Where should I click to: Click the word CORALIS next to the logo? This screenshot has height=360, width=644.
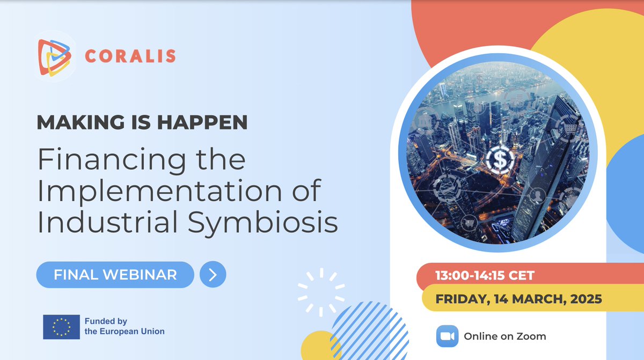coord(129,56)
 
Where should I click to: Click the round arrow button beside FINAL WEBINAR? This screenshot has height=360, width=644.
coord(213,275)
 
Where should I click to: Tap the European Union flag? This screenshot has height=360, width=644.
coord(61,327)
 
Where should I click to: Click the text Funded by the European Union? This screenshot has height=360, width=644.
coord(125,327)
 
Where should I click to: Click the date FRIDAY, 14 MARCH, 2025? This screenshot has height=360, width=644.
coord(518,299)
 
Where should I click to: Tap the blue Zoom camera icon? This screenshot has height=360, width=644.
coord(447,336)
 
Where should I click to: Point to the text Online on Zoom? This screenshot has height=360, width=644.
coord(505,336)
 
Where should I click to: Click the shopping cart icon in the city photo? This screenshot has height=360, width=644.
coord(568,128)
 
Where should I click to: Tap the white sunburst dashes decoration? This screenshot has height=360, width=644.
coord(320,292)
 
